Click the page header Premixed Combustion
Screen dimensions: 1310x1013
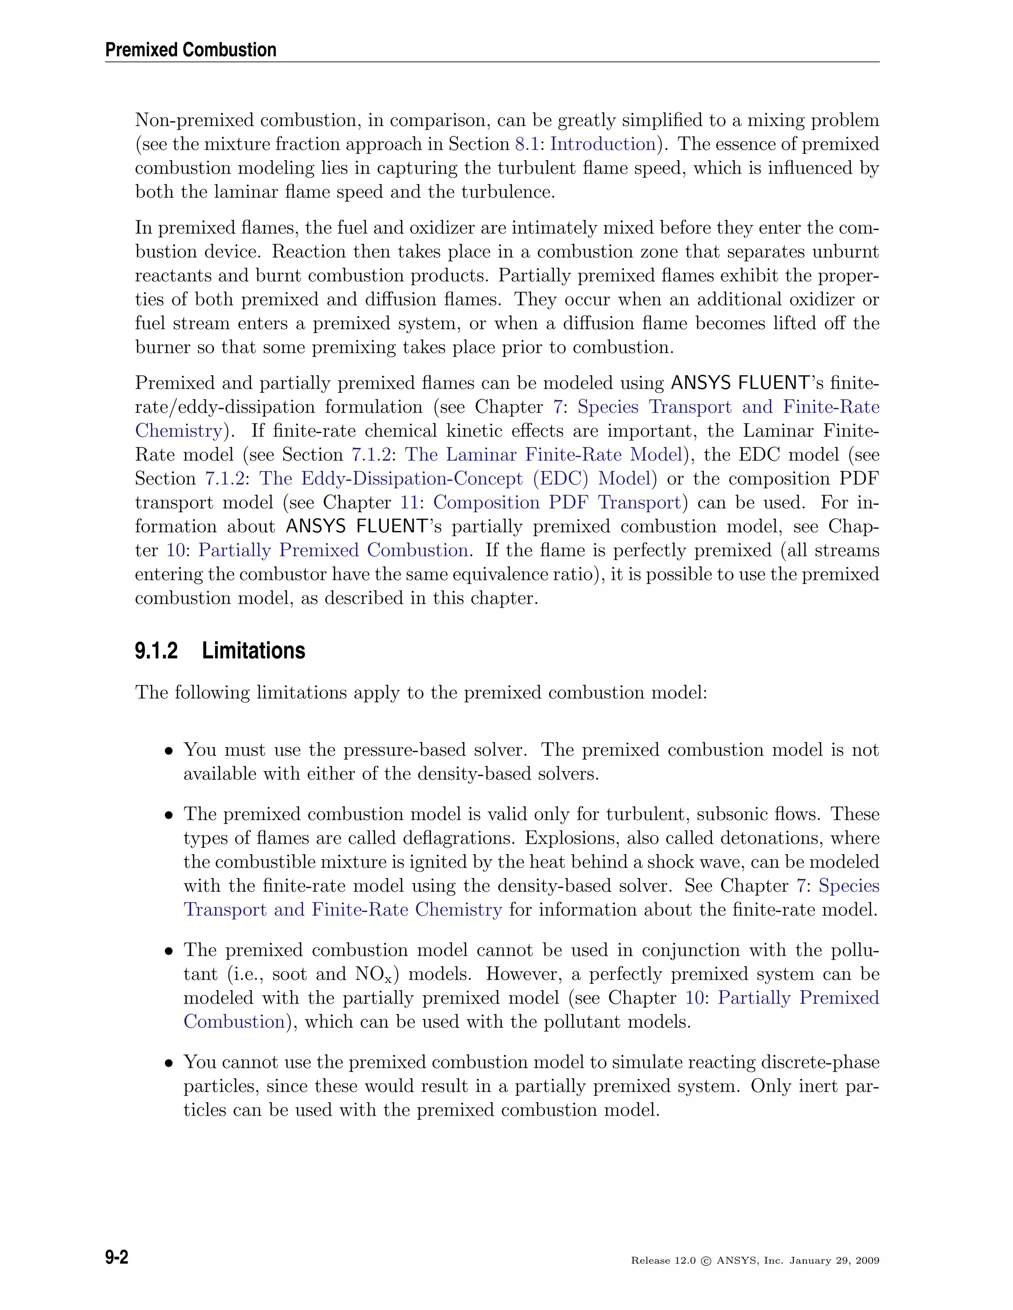click(190, 50)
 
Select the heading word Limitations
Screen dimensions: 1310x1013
click(253, 651)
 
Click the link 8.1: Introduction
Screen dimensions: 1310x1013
click(585, 144)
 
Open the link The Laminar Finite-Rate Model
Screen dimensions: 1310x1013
click(544, 455)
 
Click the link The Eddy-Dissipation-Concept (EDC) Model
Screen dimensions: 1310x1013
click(455, 479)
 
